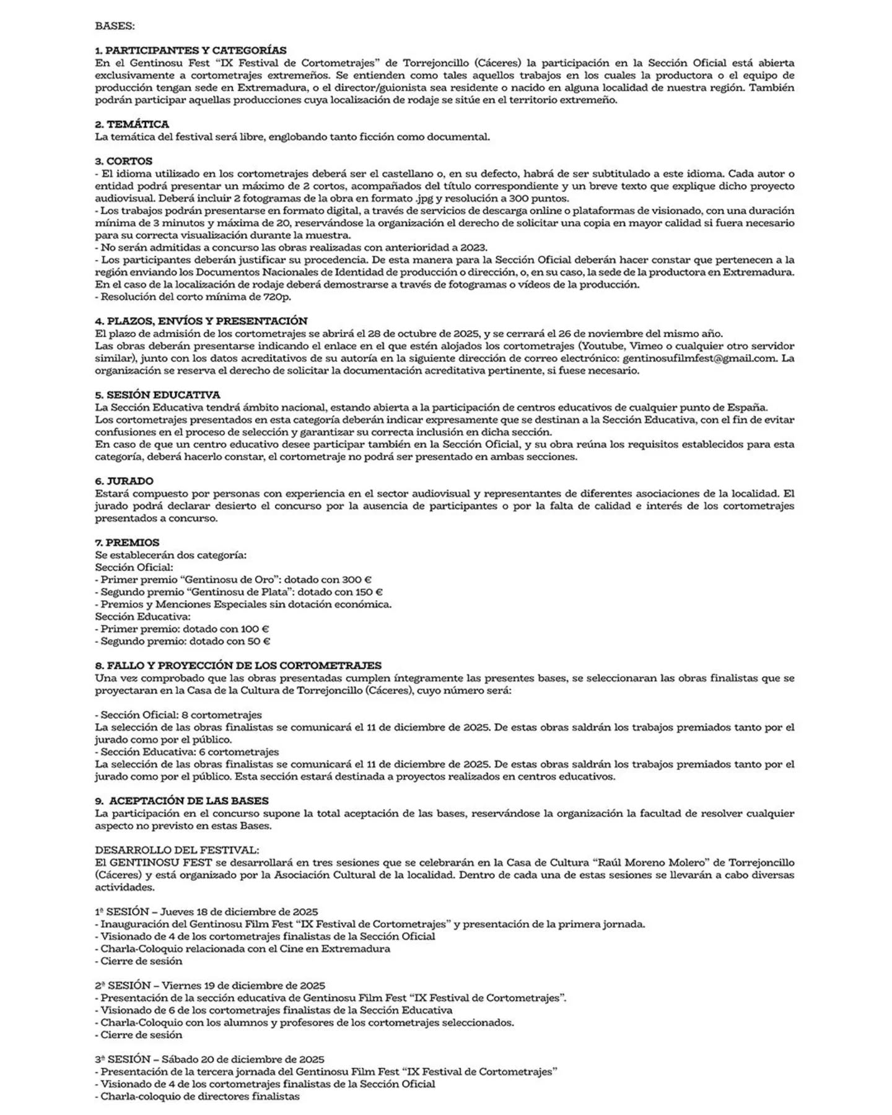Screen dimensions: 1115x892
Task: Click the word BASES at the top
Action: (x=115, y=26)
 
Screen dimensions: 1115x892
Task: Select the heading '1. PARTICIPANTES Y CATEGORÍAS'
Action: (x=191, y=50)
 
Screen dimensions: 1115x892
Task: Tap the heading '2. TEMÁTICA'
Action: (x=132, y=124)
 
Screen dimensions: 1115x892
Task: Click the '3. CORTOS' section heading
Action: (x=123, y=161)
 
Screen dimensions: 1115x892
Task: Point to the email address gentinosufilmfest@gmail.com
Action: (x=699, y=358)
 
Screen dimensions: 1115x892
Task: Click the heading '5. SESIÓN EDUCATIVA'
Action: (x=157, y=395)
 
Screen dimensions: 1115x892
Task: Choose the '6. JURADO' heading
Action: (x=124, y=481)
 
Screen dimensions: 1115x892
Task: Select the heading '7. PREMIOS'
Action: (x=127, y=542)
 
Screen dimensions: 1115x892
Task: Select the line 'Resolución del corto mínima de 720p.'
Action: (x=193, y=297)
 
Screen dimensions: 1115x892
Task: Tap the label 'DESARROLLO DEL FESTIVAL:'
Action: (x=177, y=850)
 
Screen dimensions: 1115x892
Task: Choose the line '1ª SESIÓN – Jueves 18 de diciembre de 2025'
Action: (x=206, y=912)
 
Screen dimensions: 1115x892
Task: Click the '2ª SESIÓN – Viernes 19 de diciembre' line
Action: (x=210, y=986)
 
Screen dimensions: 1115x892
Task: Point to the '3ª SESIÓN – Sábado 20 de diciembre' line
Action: (x=209, y=1059)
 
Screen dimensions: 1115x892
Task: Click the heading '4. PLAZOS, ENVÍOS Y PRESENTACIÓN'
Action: (x=201, y=321)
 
